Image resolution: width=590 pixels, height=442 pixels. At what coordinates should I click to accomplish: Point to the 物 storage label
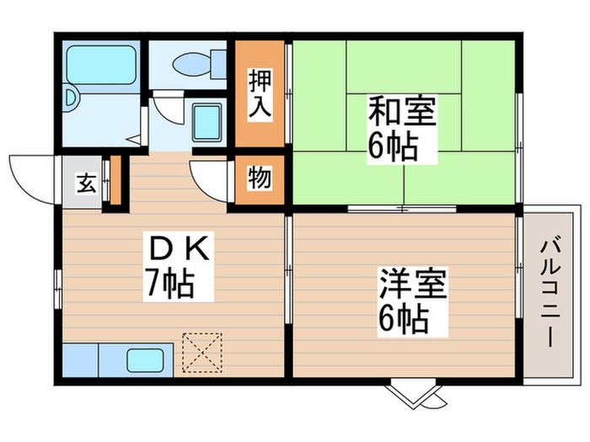[259, 179]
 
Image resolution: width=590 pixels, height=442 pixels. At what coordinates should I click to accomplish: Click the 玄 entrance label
[85, 182]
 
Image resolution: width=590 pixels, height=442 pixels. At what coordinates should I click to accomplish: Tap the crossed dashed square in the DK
[201, 352]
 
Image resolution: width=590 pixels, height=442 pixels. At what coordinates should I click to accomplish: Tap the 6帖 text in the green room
[391, 148]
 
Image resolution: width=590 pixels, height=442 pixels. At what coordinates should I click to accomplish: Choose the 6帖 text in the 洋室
[403, 318]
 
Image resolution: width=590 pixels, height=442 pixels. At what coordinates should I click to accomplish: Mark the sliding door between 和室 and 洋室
[403, 208]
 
